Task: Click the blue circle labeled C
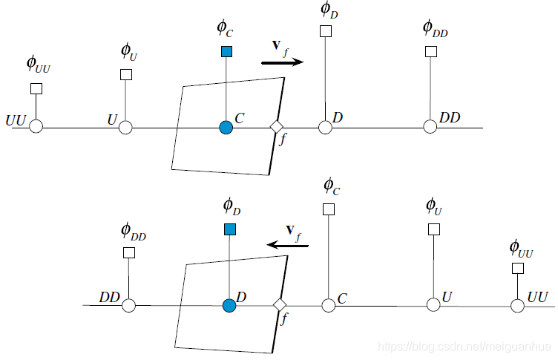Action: click(x=226, y=127)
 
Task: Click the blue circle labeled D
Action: click(x=229, y=304)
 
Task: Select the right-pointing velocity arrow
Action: click(x=283, y=63)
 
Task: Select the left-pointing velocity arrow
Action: click(x=288, y=244)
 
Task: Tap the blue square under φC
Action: click(x=226, y=51)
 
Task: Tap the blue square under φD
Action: click(x=229, y=229)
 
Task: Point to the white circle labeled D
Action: click(x=325, y=127)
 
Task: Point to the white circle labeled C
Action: click(x=329, y=304)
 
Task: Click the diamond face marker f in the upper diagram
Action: click(x=276, y=127)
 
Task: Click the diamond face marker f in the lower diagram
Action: click(x=280, y=304)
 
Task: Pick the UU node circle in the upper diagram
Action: click(x=36, y=127)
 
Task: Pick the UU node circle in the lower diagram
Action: click(x=518, y=304)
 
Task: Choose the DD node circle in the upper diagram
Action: click(x=430, y=127)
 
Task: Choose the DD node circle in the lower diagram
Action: click(x=129, y=304)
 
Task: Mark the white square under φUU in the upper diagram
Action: click(x=36, y=88)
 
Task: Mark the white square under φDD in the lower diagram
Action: click(x=129, y=252)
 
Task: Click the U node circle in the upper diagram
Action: click(x=125, y=127)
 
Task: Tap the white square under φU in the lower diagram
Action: click(x=434, y=229)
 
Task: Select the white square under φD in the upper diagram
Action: click(x=325, y=31)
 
